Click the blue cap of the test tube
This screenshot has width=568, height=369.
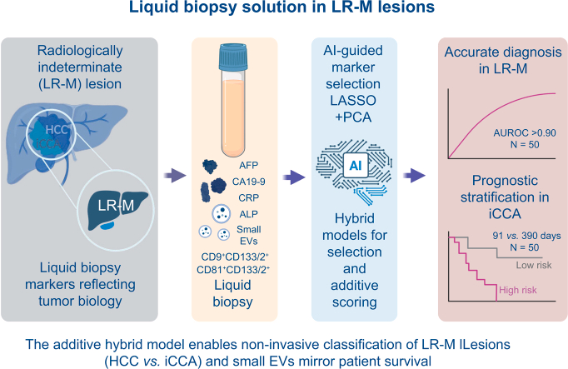(x=233, y=57)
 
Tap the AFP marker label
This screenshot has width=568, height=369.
(x=248, y=166)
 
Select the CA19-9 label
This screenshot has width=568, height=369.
(x=248, y=182)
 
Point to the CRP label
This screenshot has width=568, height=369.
(x=248, y=197)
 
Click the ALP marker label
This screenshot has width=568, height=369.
(x=248, y=214)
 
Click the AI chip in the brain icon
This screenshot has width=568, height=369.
(x=356, y=166)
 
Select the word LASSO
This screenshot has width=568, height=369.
(x=353, y=100)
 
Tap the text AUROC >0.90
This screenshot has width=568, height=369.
(x=525, y=133)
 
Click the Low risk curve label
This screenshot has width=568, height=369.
(x=534, y=265)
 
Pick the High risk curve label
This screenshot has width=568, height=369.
(x=518, y=290)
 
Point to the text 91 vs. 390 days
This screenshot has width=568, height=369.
(x=526, y=236)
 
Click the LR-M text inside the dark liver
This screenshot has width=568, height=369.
(x=116, y=205)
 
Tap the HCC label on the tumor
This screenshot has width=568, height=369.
(x=57, y=129)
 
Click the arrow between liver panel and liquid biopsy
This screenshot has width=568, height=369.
(x=175, y=176)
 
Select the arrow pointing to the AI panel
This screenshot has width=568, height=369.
(x=294, y=177)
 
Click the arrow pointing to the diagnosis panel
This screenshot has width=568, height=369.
(x=414, y=176)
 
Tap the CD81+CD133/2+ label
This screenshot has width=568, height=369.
(x=233, y=270)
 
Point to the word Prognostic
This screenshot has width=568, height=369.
(x=505, y=181)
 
